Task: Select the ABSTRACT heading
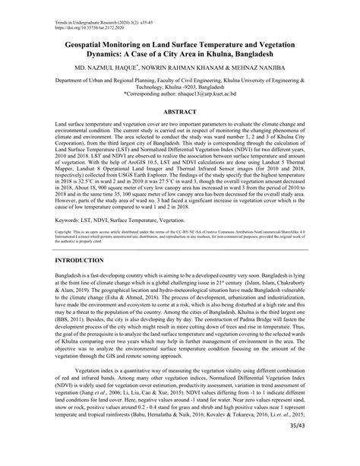point(180,111)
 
